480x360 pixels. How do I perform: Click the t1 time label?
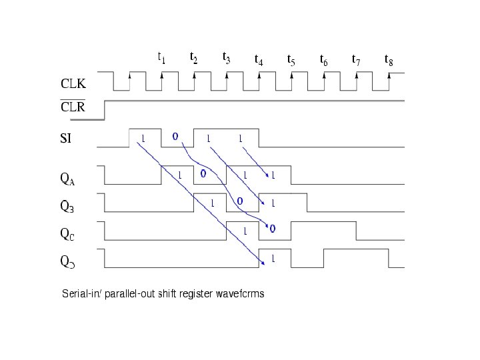(x=161, y=57)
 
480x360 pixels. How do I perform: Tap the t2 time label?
(x=193, y=57)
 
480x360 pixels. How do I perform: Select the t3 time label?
(x=226, y=57)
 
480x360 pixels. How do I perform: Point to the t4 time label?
(x=259, y=60)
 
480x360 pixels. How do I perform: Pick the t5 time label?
(x=291, y=60)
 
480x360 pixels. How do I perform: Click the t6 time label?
(x=323, y=60)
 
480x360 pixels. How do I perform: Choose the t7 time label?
(x=356, y=60)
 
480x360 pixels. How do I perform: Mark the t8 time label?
(x=389, y=60)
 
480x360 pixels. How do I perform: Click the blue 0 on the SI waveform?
(x=175, y=136)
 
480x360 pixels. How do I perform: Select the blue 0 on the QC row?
(x=272, y=229)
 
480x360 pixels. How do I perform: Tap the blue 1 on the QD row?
(x=273, y=257)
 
